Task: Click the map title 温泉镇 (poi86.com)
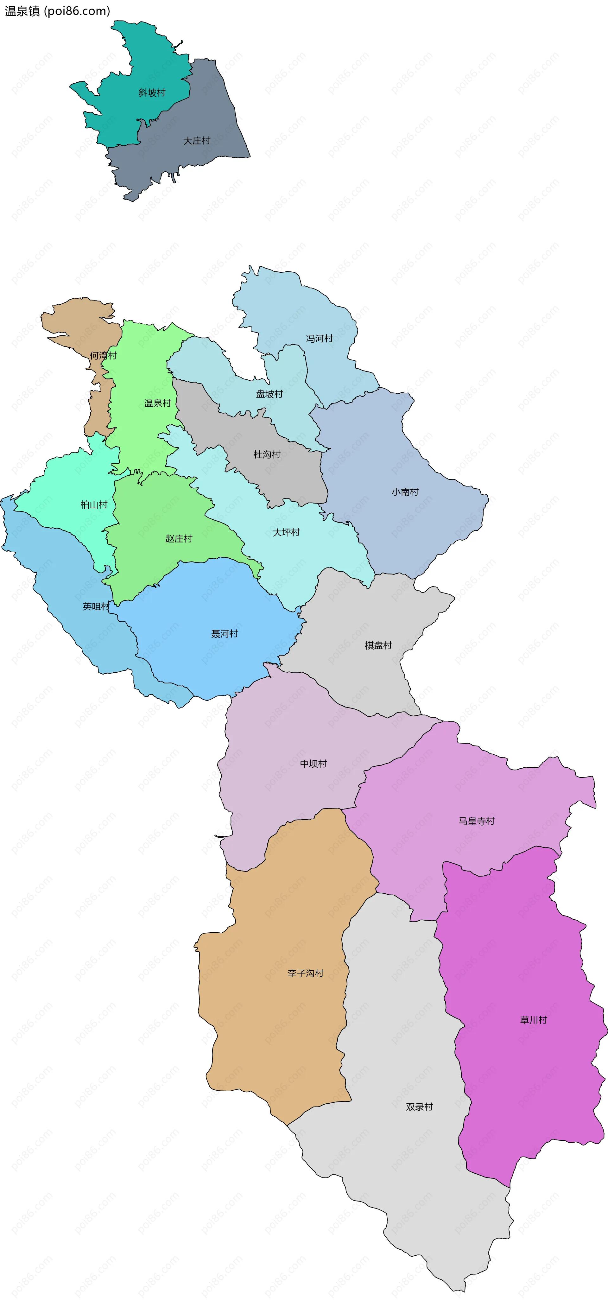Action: click(57, 11)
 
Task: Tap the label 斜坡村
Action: click(152, 93)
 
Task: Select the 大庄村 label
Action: click(197, 141)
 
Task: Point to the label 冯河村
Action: click(320, 339)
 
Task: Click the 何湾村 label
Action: click(104, 355)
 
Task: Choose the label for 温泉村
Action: click(157, 403)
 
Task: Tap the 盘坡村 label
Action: click(269, 394)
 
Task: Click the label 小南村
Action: click(405, 492)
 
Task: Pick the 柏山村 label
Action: click(94, 504)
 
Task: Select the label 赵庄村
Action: click(179, 538)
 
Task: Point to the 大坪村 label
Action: click(286, 532)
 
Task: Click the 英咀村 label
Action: click(96, 606)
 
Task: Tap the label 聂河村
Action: click(225, 634)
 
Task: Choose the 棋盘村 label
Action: click(378, 645)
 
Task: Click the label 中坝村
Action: click(313, 764)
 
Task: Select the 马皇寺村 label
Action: click(477, 821)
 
